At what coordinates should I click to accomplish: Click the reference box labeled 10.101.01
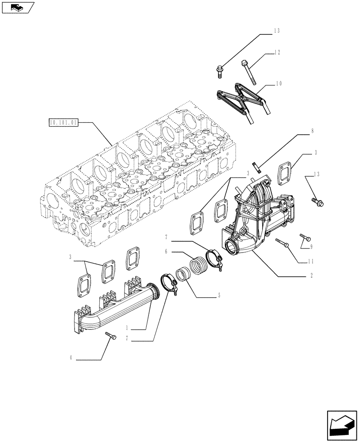(63, 122)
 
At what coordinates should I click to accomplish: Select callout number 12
(277, 53)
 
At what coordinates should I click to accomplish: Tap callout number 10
(278, 83)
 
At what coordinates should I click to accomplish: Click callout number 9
(312, 246)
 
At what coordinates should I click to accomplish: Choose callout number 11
(312, 261)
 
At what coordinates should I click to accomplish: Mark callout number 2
(312, 276)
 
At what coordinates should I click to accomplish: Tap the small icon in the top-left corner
(17, 7)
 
